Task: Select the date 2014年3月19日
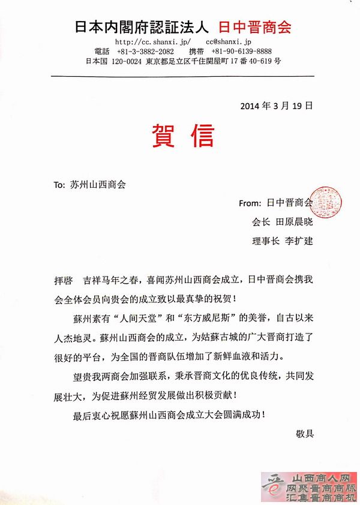click(x=276, y=105)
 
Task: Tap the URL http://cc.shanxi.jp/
click(x=152, y=42)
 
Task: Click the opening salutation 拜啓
click(x=62, y=280)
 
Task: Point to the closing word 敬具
click(x=305, y=432)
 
